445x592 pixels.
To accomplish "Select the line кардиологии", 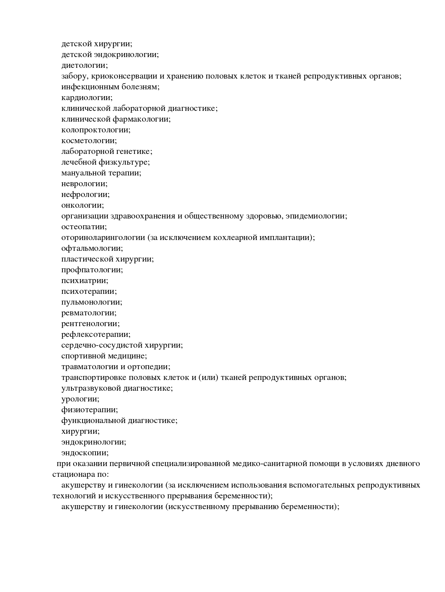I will point(87,98).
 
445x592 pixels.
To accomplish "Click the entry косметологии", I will point(89,141).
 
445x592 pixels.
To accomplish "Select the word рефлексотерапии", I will point(96,334).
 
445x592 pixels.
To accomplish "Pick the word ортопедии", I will point(151,367).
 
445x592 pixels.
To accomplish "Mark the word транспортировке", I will point(94,377).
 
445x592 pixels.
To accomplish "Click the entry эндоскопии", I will point(85,453).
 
